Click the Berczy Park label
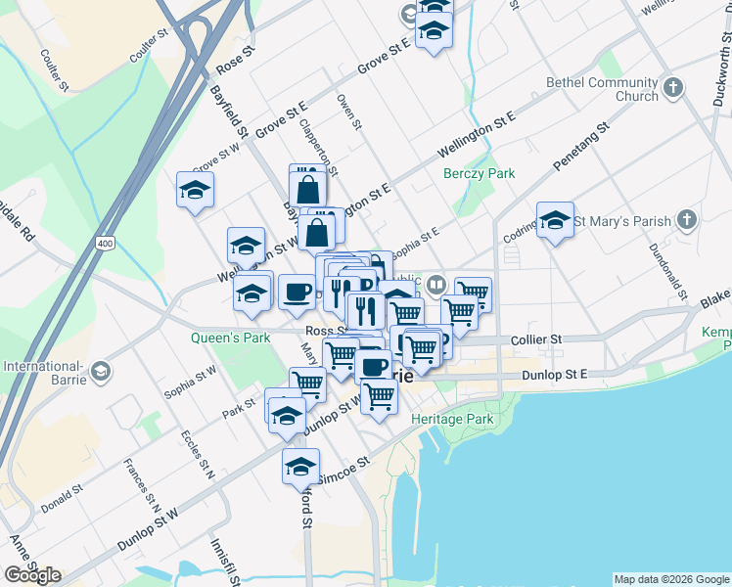tap(479, 173)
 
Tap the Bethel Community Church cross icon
tap(672, 90)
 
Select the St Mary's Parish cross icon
tap(688, 220)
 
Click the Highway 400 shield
tap(103, 240)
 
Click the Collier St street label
tap(537, 339)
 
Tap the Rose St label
tap(236, 61)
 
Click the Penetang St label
tap(582, 146)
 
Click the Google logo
tap(32, 575)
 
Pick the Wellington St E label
tap(476, 135)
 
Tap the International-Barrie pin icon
tap(101, 372)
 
